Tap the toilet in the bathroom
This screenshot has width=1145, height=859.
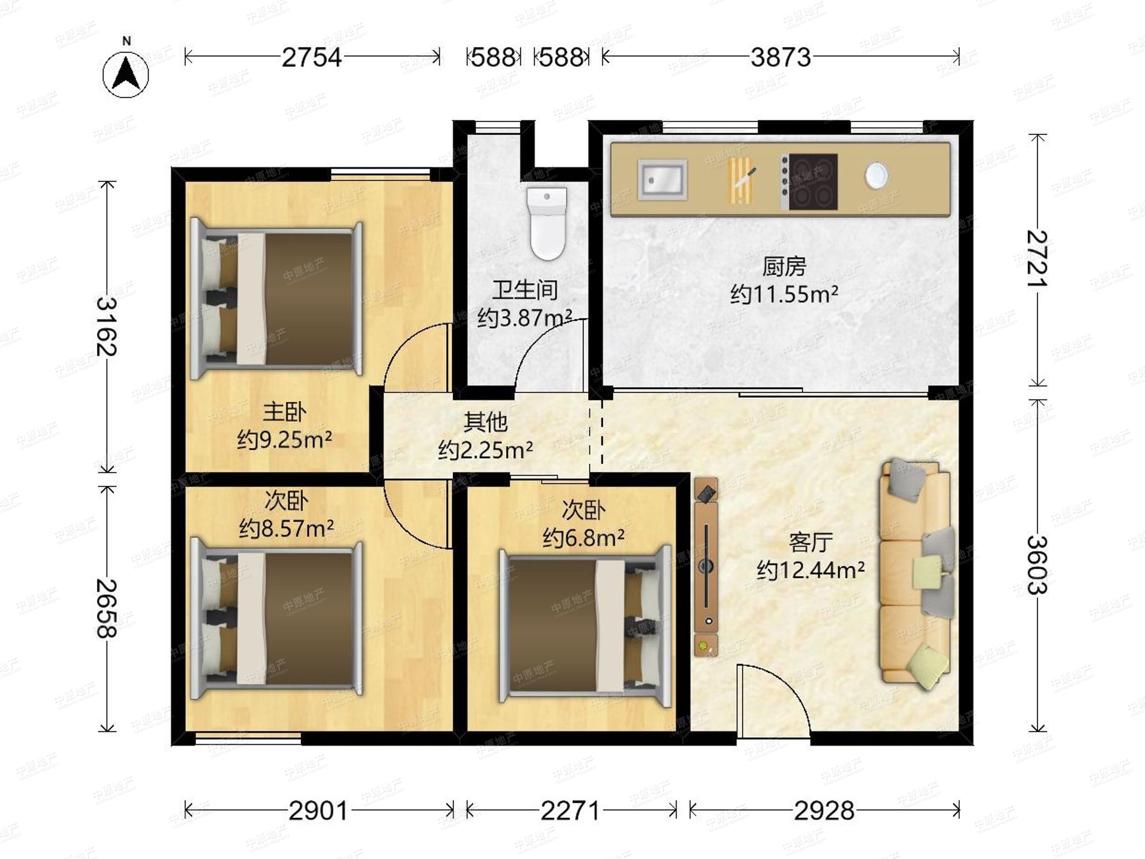pos(547,223)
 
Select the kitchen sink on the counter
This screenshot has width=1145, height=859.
pos(663,179)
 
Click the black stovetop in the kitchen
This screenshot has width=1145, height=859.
pos(809,182)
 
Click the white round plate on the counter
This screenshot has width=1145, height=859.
pos(876,175)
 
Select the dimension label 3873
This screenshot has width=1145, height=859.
pos(781,57)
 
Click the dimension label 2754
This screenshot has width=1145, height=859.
pos(312,57)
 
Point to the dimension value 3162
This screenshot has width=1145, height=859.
pos(107,326)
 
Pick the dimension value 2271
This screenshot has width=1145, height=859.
pos(570,810)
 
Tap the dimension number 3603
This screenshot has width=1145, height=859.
pos(1037,565)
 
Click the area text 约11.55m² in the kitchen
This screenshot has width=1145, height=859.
pos(784,294)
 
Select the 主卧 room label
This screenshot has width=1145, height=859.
pos(284,412)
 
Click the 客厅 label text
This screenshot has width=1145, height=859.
pos(811,542)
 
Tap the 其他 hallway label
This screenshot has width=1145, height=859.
pos(485,422)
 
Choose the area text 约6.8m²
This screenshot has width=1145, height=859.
pos(583,538)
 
